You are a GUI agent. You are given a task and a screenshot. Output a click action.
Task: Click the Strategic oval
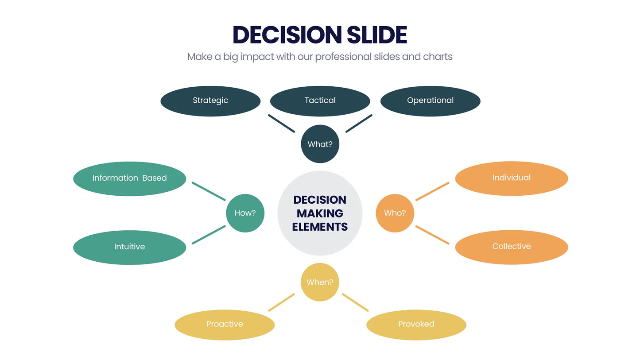pyautogui.click(x=210, y=101)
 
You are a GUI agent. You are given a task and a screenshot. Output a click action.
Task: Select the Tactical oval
pyautogui.click(x=320, y=101)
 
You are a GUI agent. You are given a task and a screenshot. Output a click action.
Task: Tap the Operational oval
pyautogui.click(x=430, y=101)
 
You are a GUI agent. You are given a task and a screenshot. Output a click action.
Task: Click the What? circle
pyautogui.click(x=320, y=144)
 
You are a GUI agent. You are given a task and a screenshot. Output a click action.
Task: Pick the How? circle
pyautogui.click(x=245, y=213)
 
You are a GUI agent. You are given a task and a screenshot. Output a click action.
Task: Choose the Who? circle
pyautogui.click(x=395, y=213)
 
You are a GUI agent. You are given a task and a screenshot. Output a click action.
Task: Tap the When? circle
pyautogui.click(x=320, y=282)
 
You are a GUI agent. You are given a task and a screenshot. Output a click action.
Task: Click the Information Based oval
pyautogui.click(x=129, y=178)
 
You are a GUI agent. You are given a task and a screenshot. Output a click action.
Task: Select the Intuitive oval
pyautogui.click(x=129, y=247)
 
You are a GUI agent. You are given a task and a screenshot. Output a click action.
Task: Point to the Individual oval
pyautogui.click(x=511, y=178)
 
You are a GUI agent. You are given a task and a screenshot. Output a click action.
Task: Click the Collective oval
pyautogui.click(x=511, y=247)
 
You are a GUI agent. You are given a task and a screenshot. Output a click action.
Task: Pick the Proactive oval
pyautogui.click(x=225, y=325)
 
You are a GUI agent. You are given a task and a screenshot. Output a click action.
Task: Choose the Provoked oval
pyautogui.click(x=416, y=325)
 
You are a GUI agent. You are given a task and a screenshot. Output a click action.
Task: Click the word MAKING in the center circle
pyautogui.click(x=320, y=213)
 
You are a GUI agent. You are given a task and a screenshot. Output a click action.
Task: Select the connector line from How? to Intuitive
pyautogui.click(x=209, y=235)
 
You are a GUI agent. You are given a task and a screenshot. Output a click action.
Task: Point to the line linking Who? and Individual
pyautogui.click(x=432, y=191)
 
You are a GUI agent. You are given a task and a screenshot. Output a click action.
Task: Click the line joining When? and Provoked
pyautogui.click(x=355, y=302)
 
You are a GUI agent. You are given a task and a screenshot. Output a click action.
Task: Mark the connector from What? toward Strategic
pyautogui.click(x=281, y=124)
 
